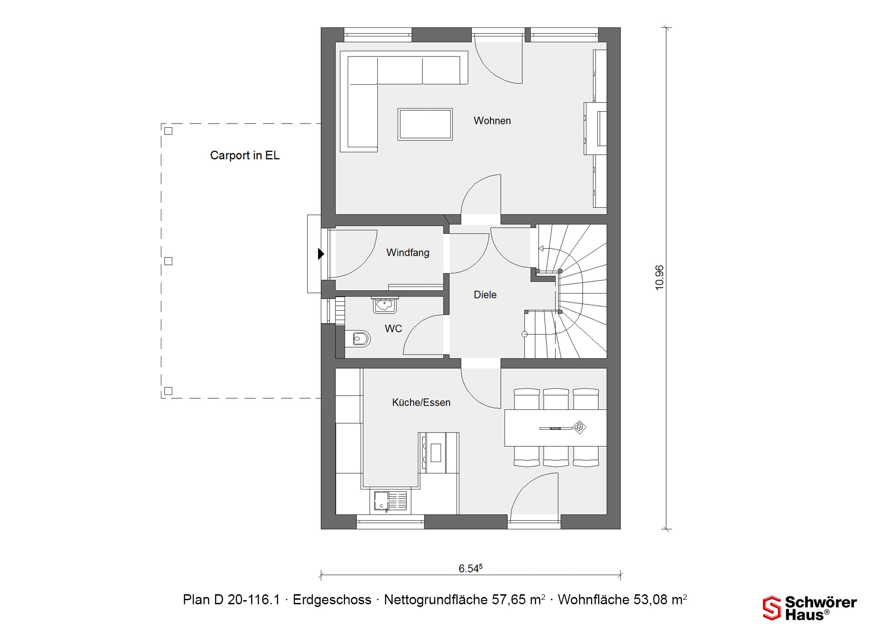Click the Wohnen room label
click(x=492, y=121)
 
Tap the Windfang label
click(x=408, y=252)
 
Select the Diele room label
click(x=485, y=295)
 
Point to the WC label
click(x=393, y=329)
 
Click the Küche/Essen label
click(x=421, y=402)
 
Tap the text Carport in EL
click(x=245, y=155)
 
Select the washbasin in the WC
click(x=385, y=305)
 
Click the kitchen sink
click(x=391, y=500)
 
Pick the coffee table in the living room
click(x=425, y=124)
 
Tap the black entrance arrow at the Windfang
click(x=321, y=253)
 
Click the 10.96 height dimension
click(x=659, y=278)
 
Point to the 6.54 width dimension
click(x=470, y=568)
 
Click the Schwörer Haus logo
click(x=809, y=608)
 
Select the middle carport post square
click(x=168, y=261)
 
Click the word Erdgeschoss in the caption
click(x=332, y=600)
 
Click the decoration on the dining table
click(x=579, y=427)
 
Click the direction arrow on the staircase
click(x=541, y=249)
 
